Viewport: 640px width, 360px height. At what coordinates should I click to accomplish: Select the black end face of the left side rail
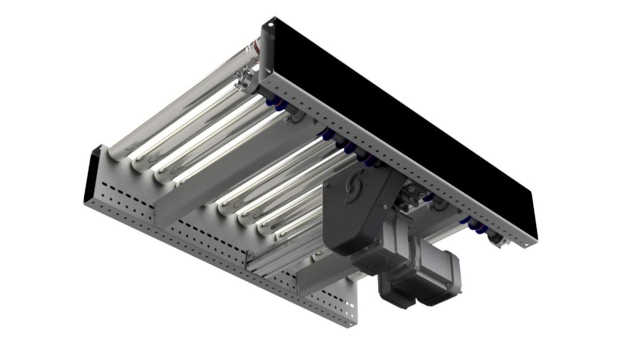pyautogui.click(x=90, y=176)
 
